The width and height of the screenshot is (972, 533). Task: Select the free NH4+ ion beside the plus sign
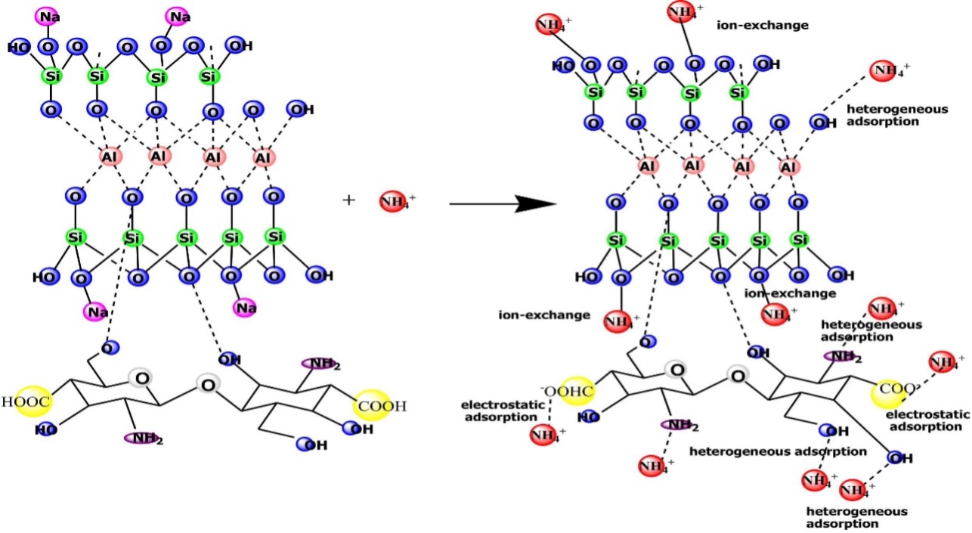tap(397, 202)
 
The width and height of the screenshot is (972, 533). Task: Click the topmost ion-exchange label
tap(763, 25)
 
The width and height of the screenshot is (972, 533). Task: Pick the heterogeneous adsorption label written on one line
tap(778, 451)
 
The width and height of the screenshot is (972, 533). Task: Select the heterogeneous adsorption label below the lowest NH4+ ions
tap(856, 518)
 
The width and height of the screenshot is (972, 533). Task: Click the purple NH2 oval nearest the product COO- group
tap(844, 355)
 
